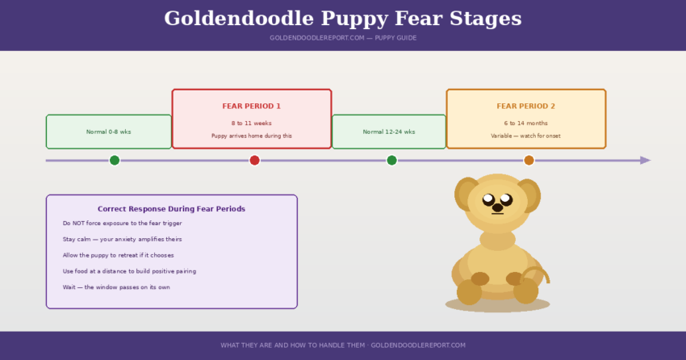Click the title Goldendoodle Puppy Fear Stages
(343, 19)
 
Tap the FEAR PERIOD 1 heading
(252, 107)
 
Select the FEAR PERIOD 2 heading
(525, 107)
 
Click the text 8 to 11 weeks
(252, 123)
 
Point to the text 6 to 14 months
(525, 123)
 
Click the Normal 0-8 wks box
(109, 132)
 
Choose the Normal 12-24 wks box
(389, 132)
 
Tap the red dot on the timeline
(254, 160)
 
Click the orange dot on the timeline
(529, 160)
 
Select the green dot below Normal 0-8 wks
(115, 160)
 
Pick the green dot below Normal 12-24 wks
(391, 160)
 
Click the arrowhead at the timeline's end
(645, 160)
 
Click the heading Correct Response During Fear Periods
(171, 208)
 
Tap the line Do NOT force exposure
(122, 223)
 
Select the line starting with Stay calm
(122, 239)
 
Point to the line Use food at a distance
(129, 271)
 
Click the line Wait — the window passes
(116, 287)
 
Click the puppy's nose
(497, 207)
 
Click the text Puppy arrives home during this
(252, 136)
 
